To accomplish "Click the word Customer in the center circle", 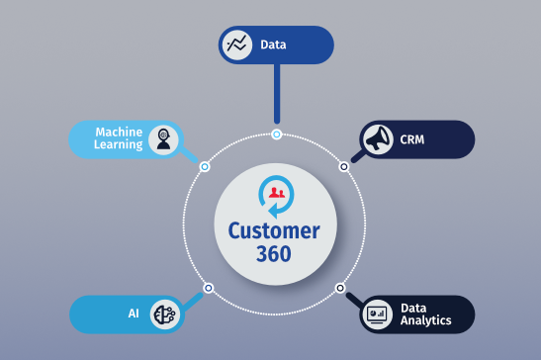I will point(274,230).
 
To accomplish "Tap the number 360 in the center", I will point(274,253).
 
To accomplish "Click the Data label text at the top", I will point(274,45).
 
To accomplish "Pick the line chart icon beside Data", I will point(237,45).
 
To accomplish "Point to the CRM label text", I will point(413,139).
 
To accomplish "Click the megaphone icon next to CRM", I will point(378,138).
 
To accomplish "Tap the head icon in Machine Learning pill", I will point(164,139).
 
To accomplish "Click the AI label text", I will point(133,314).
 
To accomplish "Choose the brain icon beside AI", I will point(164,315).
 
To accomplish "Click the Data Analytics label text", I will point(426,315).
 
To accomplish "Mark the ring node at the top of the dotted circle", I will point(277,134).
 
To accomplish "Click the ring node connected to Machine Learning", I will point(205,166).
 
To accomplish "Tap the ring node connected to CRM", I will point(344,166).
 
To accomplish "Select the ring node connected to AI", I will point(208,288).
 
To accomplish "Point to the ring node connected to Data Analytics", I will point(340,288).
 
